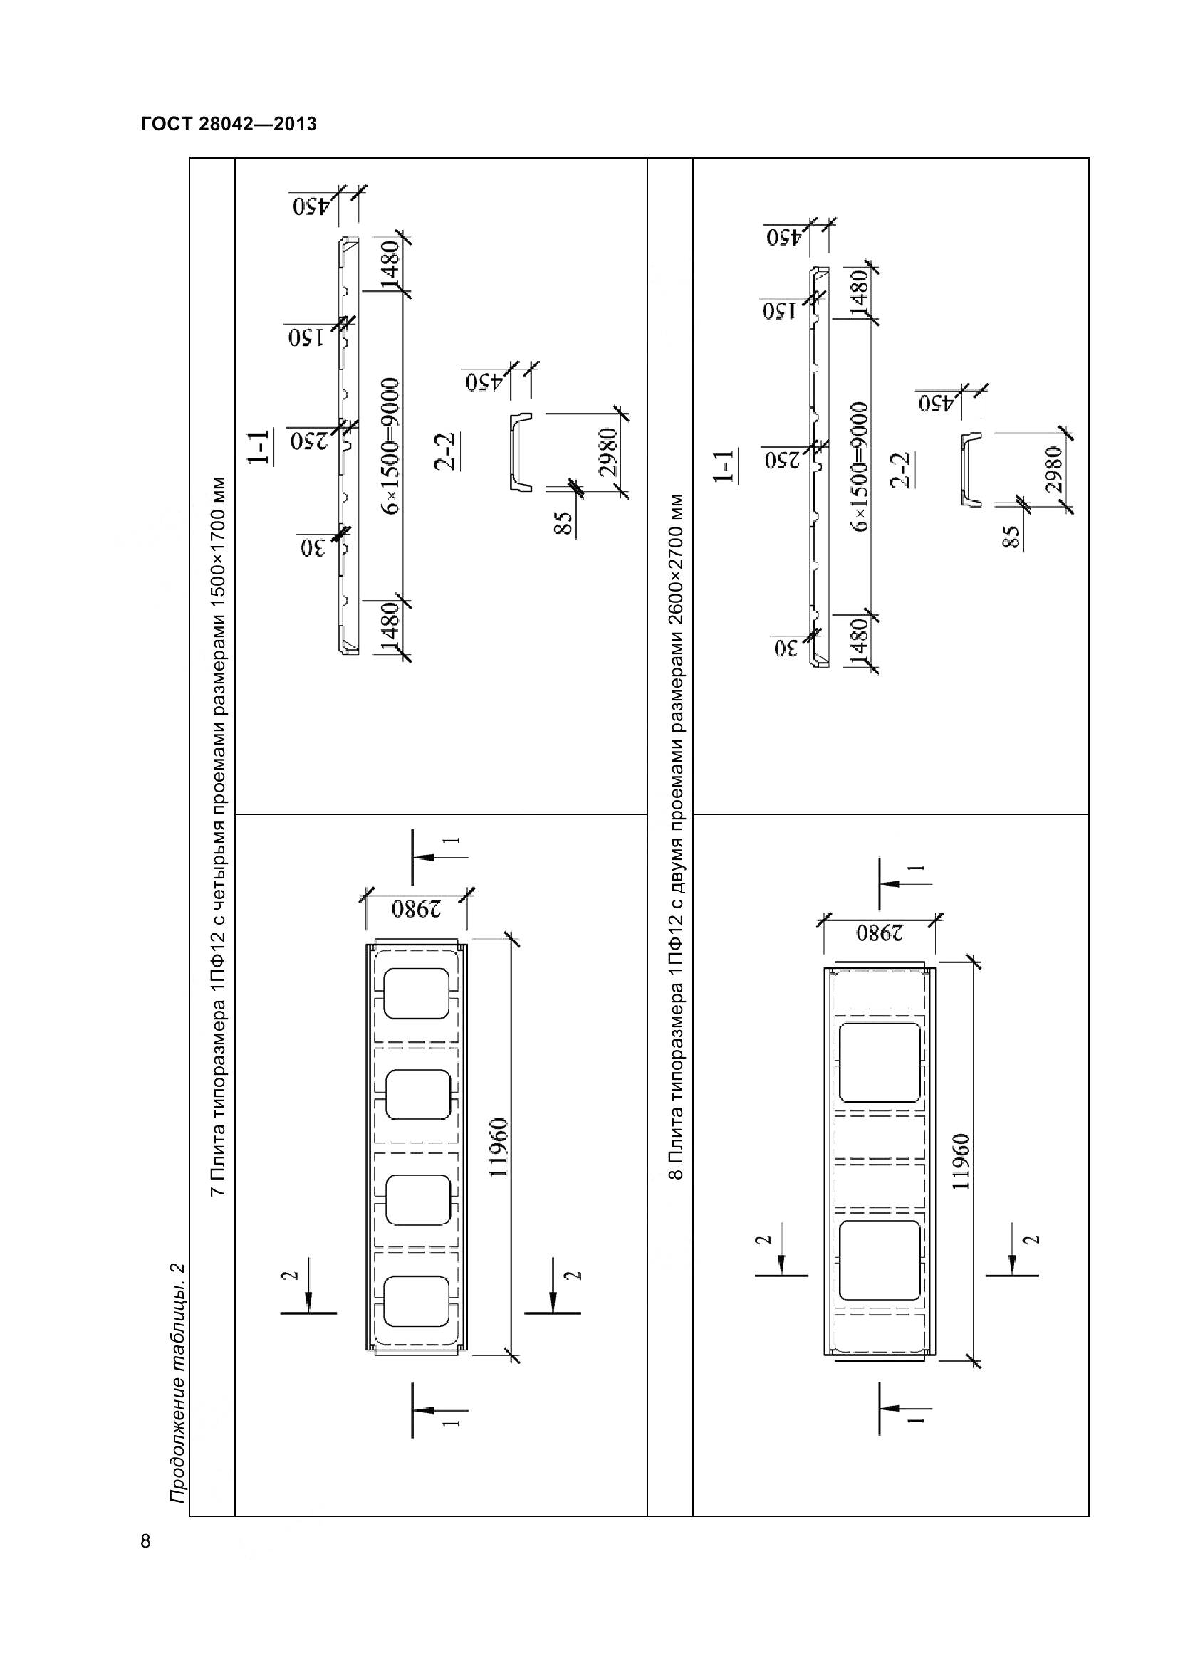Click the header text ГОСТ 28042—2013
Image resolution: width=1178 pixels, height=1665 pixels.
point(229,124)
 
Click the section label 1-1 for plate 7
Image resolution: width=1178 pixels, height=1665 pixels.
point(259,447)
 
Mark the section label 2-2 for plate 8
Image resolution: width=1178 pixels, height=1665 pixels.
point(904,469)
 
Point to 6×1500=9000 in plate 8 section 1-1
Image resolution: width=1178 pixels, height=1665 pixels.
point(860,466)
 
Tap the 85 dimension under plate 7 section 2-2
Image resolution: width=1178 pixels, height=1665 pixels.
point(563,523)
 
